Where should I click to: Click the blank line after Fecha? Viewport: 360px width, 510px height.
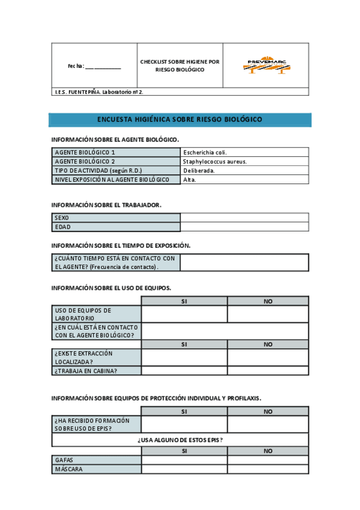[103, 67]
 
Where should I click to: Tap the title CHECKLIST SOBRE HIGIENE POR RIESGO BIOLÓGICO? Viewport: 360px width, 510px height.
[180, 66]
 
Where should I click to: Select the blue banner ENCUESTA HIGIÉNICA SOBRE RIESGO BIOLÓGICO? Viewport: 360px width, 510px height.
[180, 120]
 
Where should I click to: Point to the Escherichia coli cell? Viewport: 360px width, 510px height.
[245, 152]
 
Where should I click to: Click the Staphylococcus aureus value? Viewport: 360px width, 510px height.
[245, 161]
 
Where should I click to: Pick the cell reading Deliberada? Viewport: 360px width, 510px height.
[245, 170]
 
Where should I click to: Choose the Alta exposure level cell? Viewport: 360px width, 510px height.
[245, 179]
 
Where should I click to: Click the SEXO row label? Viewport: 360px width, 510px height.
[116, 218]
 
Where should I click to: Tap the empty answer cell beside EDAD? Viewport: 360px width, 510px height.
[245, 227]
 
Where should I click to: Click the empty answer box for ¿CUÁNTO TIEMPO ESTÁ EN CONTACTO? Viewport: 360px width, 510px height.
[245, 262]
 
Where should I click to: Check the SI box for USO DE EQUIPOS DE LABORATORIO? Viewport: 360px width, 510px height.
[184, 314]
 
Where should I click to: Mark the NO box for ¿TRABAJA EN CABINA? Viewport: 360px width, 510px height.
[268, 370]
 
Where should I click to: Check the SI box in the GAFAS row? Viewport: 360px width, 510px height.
[184, 460]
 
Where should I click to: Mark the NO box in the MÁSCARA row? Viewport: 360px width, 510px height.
[268, 469]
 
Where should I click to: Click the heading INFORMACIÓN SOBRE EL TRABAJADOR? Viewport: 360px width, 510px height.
[106, 205]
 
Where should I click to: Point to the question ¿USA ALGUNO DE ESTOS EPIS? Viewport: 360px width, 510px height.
[180, 440]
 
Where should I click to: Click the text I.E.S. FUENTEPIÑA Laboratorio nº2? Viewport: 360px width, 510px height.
[99, 92]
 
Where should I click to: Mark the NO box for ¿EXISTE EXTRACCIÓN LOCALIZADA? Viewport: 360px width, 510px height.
[268, 357]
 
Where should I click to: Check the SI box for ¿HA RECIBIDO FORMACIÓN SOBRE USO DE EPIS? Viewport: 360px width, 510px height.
[184, 424]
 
